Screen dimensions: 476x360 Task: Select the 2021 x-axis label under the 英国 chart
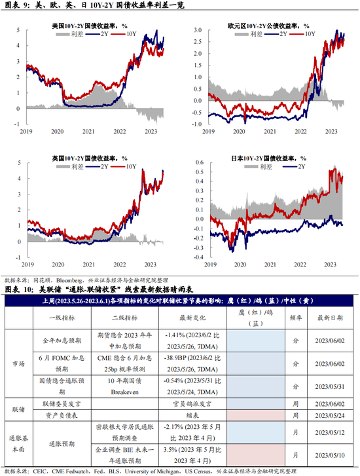point(89,265)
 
